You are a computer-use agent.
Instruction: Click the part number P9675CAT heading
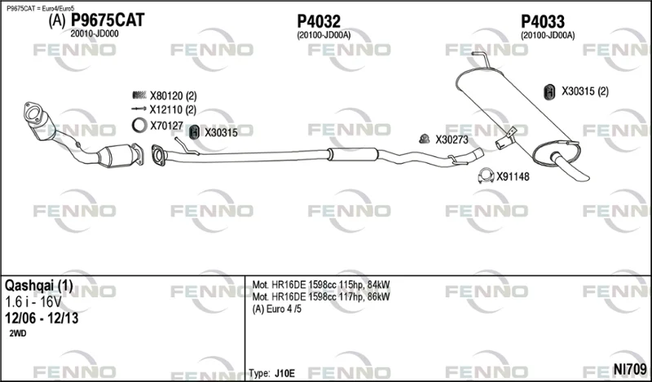[108, 20]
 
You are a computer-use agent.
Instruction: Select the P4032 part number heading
[319, 21]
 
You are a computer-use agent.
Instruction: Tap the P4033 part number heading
[543, 21]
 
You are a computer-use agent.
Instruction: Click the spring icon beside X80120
[139, 95]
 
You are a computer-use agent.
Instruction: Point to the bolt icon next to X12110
[139, 109]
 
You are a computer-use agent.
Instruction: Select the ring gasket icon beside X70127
[139, 125]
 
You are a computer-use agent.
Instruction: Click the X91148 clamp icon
[486, 176]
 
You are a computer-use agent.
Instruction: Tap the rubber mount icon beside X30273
[424, 138]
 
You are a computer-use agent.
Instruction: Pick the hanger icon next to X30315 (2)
[549, 92]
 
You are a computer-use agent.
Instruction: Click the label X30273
[452, 139]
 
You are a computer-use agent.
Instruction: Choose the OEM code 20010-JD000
[95, 34]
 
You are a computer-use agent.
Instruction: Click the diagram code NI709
[630, 369]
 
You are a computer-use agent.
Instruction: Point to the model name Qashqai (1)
[38, 286]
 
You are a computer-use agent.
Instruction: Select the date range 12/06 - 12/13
[42, 318]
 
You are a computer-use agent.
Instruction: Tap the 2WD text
[17, 333]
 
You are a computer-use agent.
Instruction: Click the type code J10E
[284, 373]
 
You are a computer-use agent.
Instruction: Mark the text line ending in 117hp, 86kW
[321, 296]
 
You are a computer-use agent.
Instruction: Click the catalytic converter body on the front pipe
[117, 156]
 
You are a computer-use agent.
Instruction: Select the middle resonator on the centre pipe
[353, 154]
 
